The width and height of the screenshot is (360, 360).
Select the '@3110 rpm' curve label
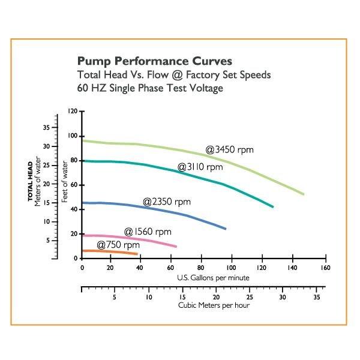tap(200, 167)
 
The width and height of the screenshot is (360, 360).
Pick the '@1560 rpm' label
tap(148, 232)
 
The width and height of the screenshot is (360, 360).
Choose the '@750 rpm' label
tap(118, 245)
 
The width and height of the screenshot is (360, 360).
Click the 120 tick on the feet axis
tap(73, 111)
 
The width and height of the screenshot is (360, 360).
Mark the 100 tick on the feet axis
tap(73, 136)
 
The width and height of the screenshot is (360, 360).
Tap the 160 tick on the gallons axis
tap(325, 268)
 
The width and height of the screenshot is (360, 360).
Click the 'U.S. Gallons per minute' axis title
tap(213, 278)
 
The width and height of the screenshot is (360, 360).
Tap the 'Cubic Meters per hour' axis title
tap(214, 305)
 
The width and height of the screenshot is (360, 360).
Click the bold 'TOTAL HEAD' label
tap(29, 180)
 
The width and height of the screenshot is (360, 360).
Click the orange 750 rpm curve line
tap(108, 251)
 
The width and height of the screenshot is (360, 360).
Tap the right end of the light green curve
tap(304, 194)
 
